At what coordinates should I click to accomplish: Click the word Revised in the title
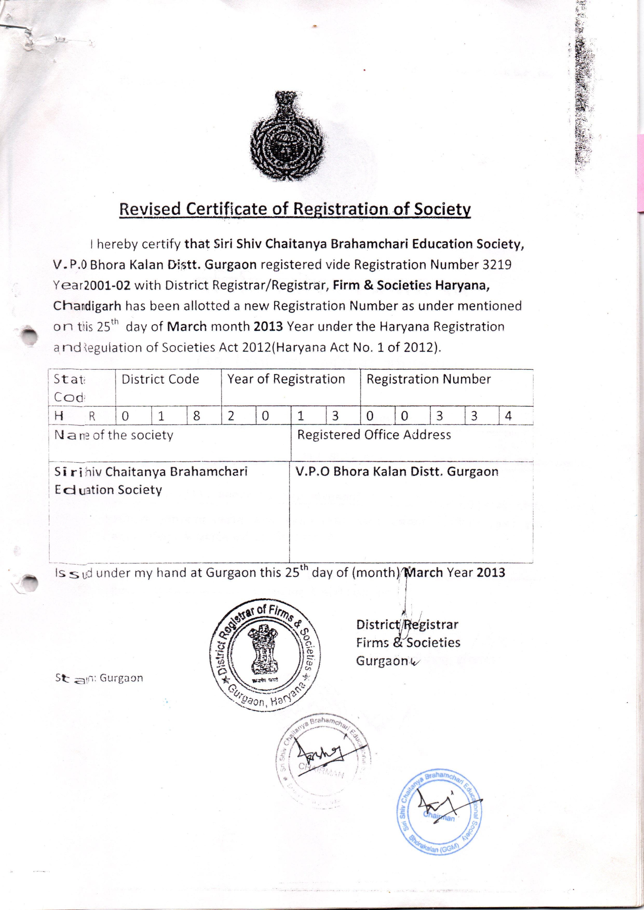tap(150, 209)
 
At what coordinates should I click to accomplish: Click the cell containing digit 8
tap(196, 416)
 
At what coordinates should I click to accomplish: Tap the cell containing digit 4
tap(509, 416)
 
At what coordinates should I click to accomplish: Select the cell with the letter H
tap(59, 416)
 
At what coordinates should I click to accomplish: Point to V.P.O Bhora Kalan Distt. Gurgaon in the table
tap(397, 471)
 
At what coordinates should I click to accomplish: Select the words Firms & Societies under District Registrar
tap(408, 642)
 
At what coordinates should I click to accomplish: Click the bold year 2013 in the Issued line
tap(491, 573)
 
